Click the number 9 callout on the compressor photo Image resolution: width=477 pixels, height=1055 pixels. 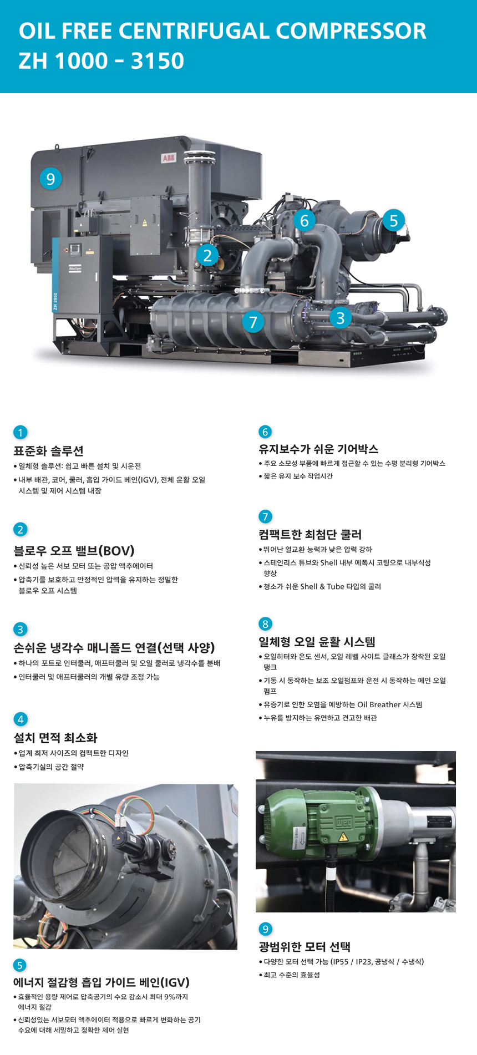(50, 179)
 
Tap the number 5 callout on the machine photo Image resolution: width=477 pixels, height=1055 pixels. (393, 220)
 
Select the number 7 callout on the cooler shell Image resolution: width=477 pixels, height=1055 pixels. (253, 321)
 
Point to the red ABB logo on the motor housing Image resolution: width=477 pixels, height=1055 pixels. (168, 159)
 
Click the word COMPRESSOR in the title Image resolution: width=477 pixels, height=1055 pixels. (351, 31)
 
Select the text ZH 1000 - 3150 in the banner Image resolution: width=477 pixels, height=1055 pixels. (101, 61)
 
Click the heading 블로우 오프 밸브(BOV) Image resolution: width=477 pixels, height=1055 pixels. (74, 551)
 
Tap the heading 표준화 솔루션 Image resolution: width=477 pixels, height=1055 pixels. (48, 451)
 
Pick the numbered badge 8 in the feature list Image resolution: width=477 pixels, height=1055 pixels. (265, 624)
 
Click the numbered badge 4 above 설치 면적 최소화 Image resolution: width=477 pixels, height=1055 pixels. (20, 719)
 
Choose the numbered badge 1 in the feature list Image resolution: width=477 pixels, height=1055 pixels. (20, 433)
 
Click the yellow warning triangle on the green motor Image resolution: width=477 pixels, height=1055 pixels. (343, 836)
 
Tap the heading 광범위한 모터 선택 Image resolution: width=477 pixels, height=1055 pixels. (305, 947)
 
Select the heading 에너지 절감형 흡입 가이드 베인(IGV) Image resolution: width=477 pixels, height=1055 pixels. (102, 982)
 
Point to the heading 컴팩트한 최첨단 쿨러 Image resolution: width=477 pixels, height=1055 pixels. (310, 535)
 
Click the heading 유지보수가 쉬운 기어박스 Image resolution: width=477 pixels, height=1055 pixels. (318, 449)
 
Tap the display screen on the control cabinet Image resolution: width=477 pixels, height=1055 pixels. (74, 249)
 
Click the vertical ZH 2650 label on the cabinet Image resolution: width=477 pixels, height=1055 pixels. (55, 302)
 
